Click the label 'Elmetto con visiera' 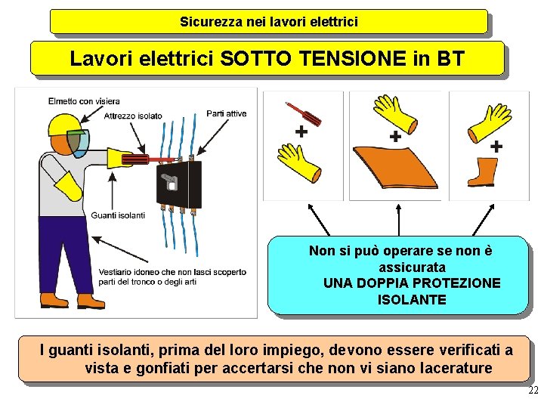[x=84, y=101]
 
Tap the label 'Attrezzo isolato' [x=133, y=116]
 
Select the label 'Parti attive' [x=226, y=113]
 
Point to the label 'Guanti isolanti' [x=118, y=215]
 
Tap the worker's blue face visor [x=79, y=143]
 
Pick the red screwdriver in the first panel [x=303, y=114]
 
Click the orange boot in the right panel [x=483, y=172]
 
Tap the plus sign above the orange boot [x=496, y=146]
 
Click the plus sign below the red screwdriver [x=301, y=131]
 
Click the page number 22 [x=533, y=390]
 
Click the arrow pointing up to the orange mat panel [x=399, y=220]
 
